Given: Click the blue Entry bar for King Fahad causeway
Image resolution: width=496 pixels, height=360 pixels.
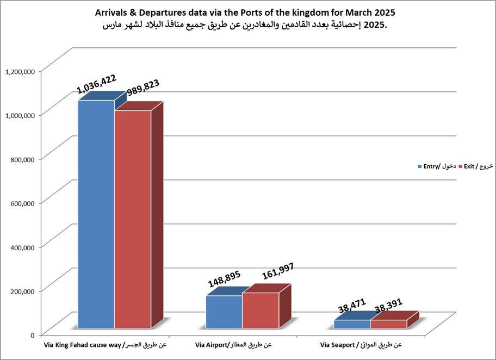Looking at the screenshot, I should (96, 215).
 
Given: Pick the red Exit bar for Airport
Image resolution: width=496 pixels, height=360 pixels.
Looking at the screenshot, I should (261, 311).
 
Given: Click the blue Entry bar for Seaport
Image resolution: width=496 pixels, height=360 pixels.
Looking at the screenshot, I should (352, 324).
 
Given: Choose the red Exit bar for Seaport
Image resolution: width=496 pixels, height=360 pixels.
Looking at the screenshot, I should (388, 324).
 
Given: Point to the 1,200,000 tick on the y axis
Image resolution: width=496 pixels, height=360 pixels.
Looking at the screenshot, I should (20, 71).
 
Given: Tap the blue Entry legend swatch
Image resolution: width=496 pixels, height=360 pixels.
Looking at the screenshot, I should (419, 166).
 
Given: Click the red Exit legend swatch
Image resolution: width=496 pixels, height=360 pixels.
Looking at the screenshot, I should (460, 166).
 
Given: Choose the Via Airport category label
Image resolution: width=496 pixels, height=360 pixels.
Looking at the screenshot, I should (233, 345).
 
